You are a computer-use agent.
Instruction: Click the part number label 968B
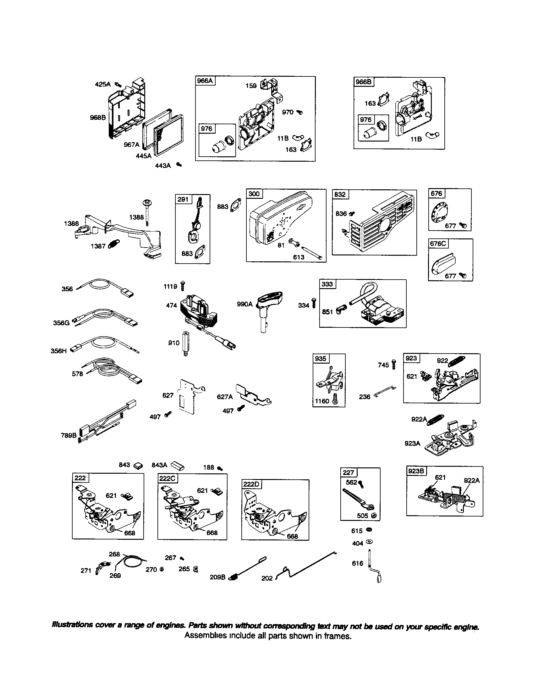(97, 118)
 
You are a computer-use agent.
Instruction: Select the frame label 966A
(205, 81)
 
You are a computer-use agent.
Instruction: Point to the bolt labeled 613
(313, 254)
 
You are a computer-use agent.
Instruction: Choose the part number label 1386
(71, 223)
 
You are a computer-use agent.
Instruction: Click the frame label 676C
(438, 243)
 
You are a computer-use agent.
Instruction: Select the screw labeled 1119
(182, 286)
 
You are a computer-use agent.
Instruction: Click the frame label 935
(320, 358)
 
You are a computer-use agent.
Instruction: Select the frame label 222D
(251, 484)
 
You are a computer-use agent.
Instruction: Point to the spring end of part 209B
(232, 577)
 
